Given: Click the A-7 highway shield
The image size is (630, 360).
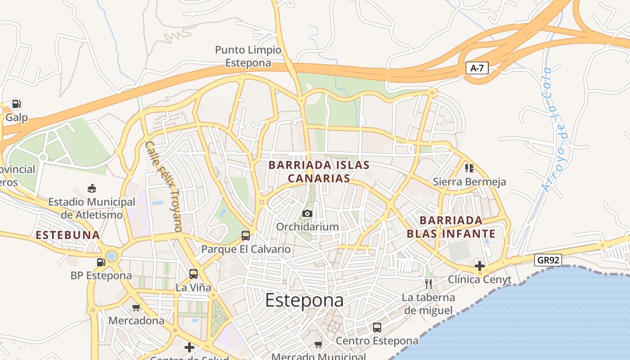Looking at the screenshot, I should point(477,68).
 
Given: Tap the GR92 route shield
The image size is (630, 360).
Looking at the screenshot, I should point(548,260).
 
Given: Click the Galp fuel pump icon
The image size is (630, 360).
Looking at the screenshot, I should point(17,104).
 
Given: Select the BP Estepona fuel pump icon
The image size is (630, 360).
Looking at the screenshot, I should point(101,262).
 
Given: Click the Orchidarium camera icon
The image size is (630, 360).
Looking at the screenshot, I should point(307,213).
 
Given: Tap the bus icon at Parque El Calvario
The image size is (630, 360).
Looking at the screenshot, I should point(246,235).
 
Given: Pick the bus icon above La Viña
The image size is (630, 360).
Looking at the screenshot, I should point(193,274).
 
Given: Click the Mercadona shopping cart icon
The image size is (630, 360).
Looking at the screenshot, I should point(136,308).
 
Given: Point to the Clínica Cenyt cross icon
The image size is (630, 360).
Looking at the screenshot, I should point(480,265).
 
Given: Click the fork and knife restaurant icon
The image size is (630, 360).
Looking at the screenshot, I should point(428,283).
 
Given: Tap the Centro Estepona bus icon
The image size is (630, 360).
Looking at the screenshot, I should point(377,328).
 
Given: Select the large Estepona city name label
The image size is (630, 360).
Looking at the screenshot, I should point(304,301).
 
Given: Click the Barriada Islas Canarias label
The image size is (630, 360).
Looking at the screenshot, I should point(319,171).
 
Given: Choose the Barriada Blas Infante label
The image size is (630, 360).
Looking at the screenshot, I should point(451,227).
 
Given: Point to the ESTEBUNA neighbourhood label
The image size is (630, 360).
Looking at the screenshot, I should point(67,235).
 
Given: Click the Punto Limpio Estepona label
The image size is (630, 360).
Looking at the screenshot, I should point(248,56).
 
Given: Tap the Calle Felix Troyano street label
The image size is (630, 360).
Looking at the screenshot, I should point(164,186).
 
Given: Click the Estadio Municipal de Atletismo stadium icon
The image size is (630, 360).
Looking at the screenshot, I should point(92,188).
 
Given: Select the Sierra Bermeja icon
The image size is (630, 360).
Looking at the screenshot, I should point(469,168).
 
